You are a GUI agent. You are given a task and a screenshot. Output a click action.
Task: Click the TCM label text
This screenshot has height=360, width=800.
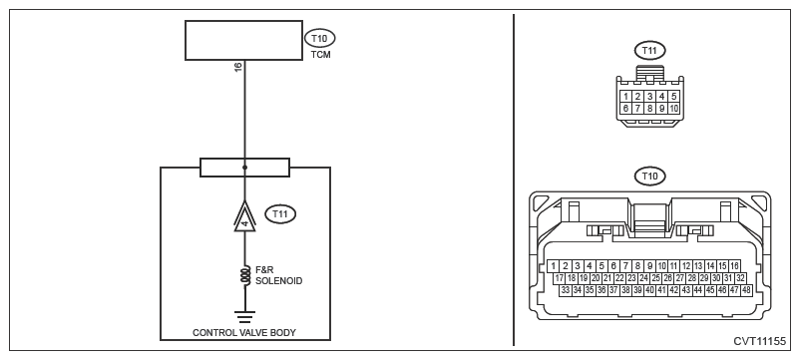pos(320,55)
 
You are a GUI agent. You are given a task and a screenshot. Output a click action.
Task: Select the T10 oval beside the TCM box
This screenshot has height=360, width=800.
pos(320,38)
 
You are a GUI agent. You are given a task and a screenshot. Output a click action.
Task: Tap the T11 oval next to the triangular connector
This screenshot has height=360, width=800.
pos(280,214)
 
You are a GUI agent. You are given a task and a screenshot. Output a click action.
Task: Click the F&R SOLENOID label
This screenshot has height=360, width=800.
pos(278,276)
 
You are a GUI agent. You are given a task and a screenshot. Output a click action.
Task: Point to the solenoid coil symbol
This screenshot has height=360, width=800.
pos(245,276)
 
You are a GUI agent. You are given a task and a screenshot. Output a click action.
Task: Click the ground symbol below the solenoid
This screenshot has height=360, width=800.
pos(245,317)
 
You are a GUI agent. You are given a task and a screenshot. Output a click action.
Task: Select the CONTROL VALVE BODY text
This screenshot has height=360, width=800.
pos(243,332)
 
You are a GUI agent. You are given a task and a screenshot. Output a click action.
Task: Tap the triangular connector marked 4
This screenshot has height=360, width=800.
pos(245,217)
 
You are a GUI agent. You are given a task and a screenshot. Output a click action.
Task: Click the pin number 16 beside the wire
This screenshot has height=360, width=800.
pos(237,66)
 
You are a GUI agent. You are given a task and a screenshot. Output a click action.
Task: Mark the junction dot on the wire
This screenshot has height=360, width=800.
pos(245,168)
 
